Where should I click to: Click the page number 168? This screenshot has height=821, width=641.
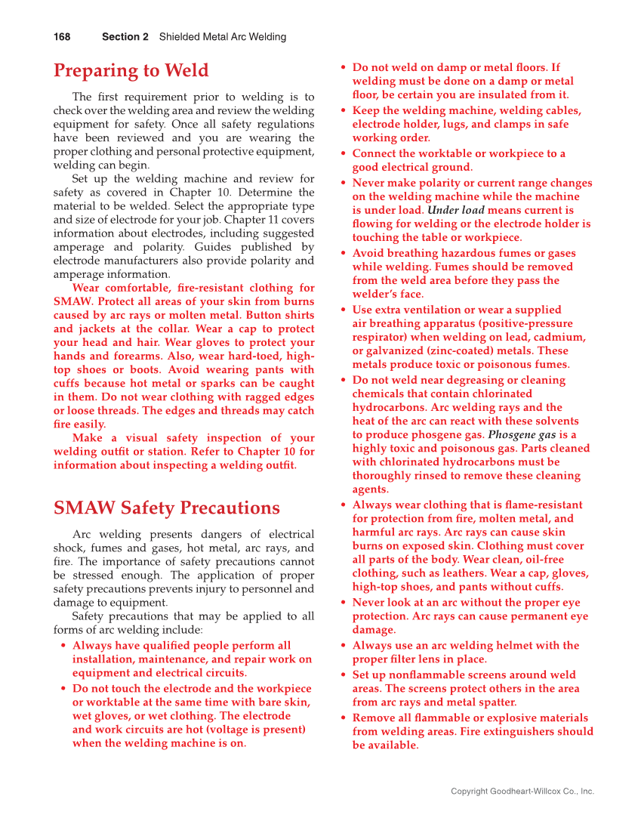coord(62,37)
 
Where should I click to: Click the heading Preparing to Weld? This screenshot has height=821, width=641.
coord(131,71)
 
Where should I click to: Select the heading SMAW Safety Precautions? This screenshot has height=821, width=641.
coord(166,508)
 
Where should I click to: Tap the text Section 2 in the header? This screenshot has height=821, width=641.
coord(125,37)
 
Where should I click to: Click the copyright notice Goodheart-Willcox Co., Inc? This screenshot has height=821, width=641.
coord(522,792)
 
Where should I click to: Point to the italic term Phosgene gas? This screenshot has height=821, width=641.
coord(522,435)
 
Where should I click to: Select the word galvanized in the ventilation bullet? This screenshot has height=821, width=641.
coord(396,351)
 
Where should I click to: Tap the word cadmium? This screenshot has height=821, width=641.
coord(558,338)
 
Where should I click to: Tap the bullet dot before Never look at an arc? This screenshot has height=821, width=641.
coord(344,603)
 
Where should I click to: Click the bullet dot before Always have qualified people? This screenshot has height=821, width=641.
coord(63,647)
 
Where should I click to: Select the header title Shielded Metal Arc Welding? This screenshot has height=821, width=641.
coord(223,37)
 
